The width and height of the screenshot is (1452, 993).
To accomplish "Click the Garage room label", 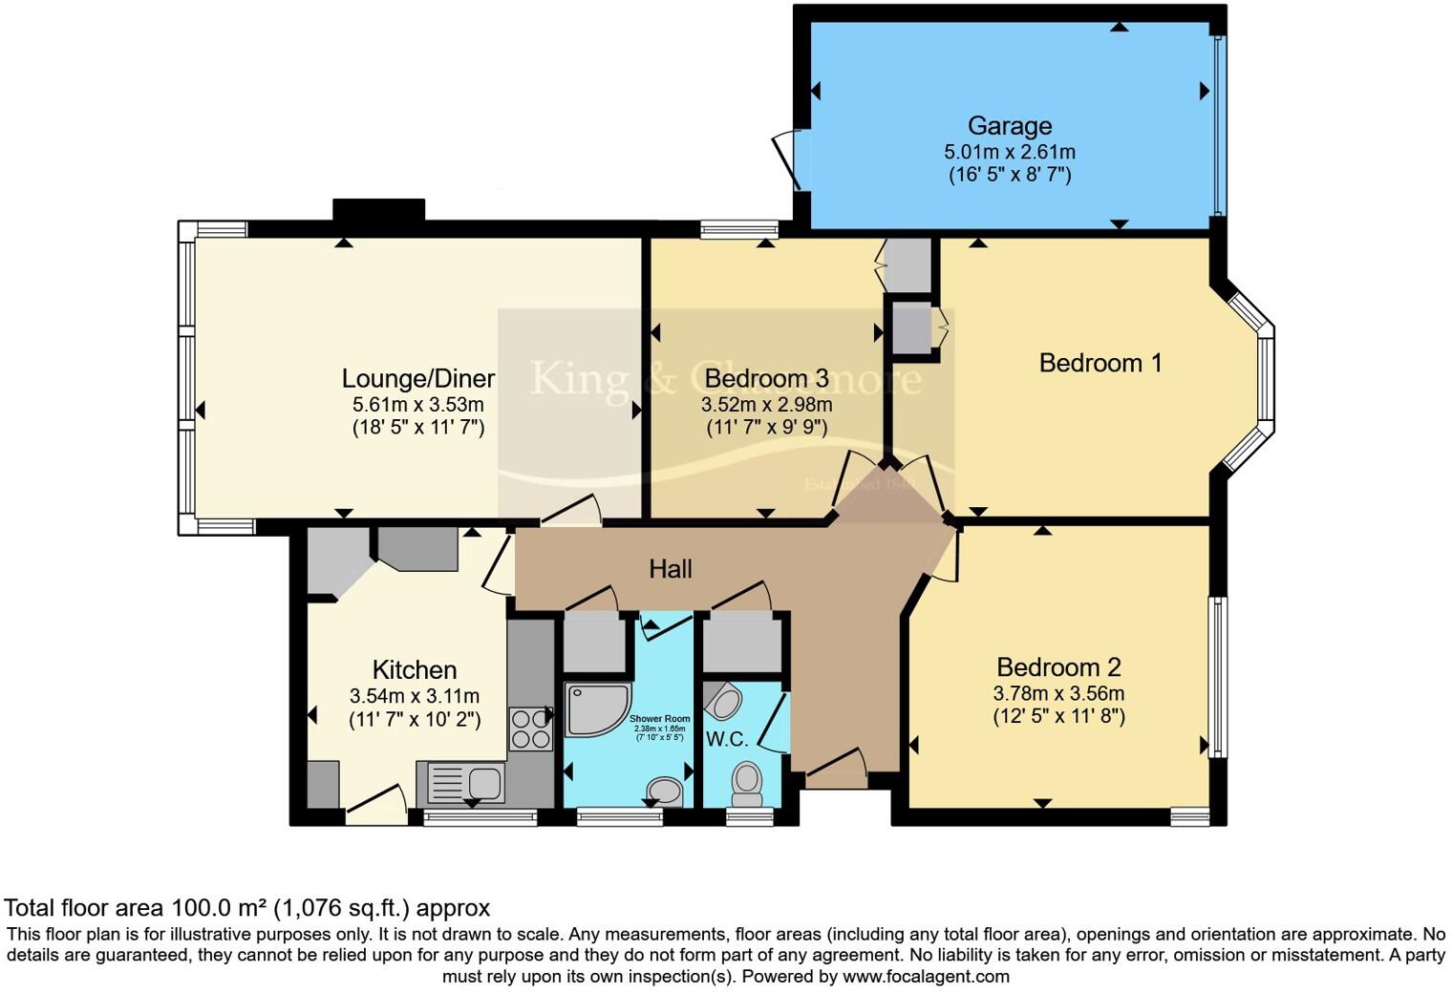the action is click(x=1010, y=126).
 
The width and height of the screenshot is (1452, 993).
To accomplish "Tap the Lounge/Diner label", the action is click(x=418, y=379).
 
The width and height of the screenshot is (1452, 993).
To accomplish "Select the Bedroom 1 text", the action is click(x=1100, y=363).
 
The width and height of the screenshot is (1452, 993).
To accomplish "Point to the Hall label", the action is click(x=671, y=570).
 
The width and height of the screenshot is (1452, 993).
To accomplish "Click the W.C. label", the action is click(x=727, y=738).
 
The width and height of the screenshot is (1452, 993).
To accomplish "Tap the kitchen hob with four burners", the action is click(x=530, y=729).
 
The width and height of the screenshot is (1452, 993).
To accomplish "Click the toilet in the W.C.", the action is click(x=746, y=782).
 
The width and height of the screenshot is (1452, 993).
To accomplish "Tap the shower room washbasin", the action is click(x=665, y=790).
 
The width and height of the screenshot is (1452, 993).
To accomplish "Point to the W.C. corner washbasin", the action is click(x=723, y=702).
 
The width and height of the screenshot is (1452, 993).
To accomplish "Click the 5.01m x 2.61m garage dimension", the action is click(x=1010, y=152).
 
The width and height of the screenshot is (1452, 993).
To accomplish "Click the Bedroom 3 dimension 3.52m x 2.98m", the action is click(x=766, y=405).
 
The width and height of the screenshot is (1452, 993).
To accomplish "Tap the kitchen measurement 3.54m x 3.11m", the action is click(x=415, y=696).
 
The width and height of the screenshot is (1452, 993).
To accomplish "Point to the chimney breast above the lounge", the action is click(x=378, y=209).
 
